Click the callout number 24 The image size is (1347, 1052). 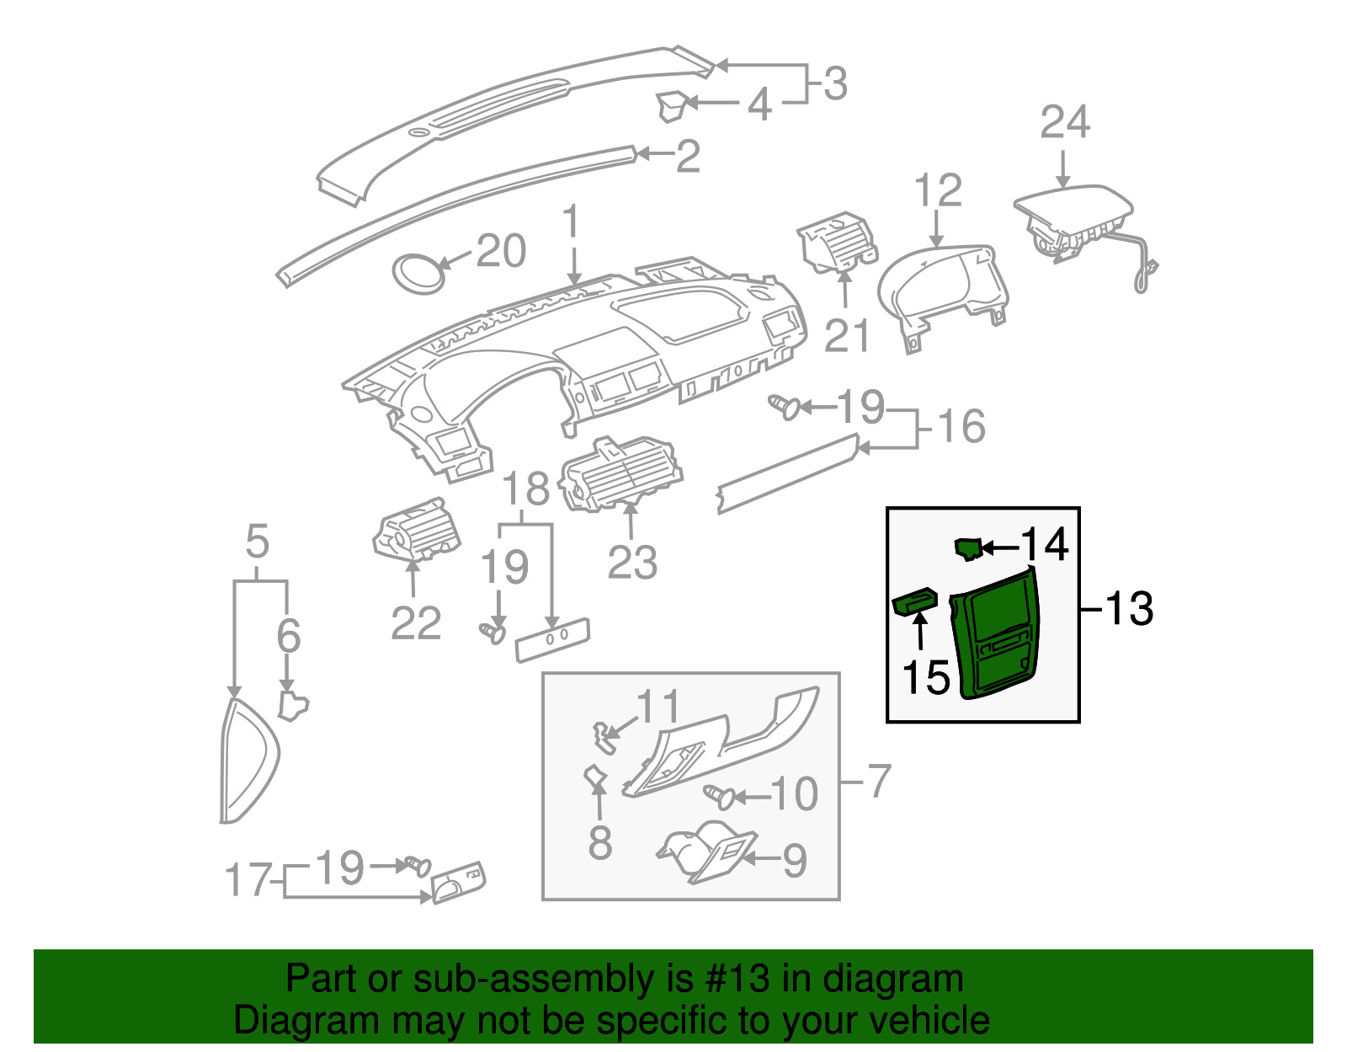point(1064,122)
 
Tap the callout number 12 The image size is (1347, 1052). point(937,190)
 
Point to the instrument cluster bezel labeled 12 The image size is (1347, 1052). point(942,297)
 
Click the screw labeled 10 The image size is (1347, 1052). point(719,797)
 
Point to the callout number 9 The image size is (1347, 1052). point(795,861)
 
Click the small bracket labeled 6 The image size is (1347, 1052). point(293,706)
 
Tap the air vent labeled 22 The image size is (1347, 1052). point(416,529)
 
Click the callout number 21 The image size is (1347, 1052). point(847,335)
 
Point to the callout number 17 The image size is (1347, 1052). point(248,879)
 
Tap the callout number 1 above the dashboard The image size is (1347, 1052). point(570,221)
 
